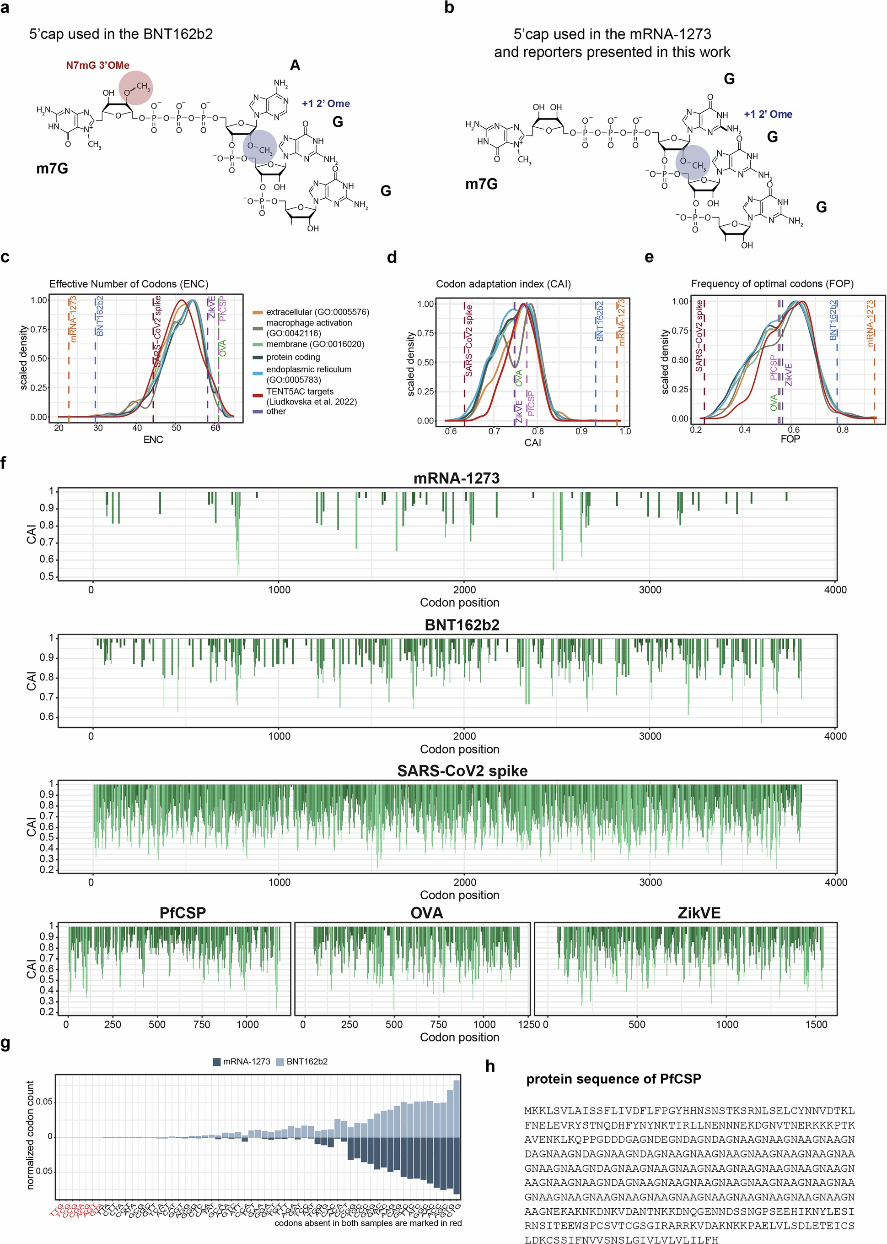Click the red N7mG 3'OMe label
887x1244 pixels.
(x=98, y=65)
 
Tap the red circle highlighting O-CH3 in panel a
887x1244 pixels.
(x=136, y=87)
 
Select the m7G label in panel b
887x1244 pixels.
(x=481, y=184)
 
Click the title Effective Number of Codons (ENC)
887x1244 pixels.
(x=129, y=284)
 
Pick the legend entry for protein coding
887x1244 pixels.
(x=293, y=357)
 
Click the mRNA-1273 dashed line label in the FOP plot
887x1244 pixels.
(x=871, y=324)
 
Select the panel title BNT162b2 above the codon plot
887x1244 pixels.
(x=462, y=625)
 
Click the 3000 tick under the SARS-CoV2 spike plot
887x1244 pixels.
(x=650, y=882)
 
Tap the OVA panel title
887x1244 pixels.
(x=426, y=913)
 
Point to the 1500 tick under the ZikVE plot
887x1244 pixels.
(x=816, y=1024)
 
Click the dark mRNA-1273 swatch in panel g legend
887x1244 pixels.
(x=216, y=1061)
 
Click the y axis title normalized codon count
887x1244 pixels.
(x=30, y=1135)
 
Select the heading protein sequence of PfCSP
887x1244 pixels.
(x=613, y=1079)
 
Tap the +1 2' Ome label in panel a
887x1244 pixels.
(x=326, y=104)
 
